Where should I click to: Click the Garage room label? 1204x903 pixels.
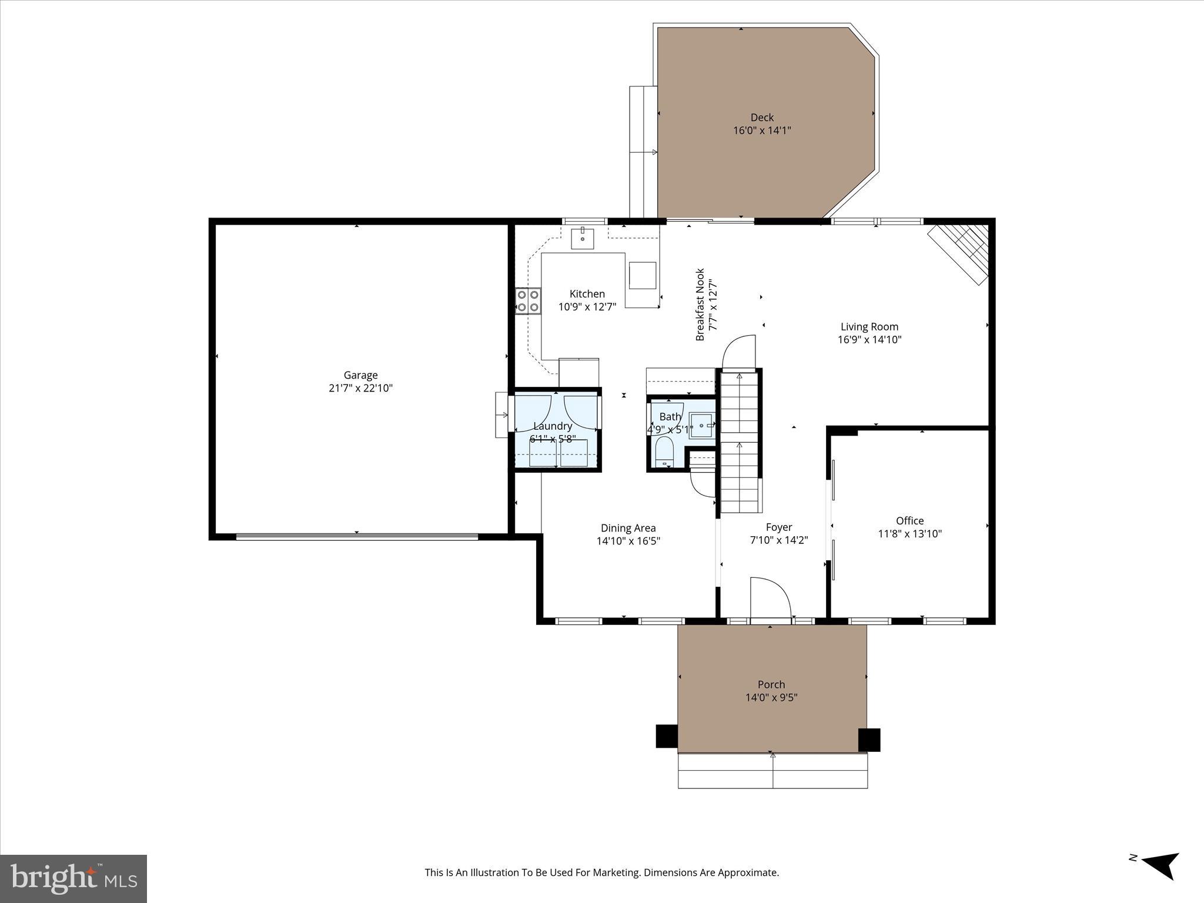360,375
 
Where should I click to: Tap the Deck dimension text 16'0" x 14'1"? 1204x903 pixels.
762,131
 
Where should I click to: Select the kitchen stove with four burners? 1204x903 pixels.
528,301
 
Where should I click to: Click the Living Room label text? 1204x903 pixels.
869,327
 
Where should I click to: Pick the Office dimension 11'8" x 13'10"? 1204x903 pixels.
909,534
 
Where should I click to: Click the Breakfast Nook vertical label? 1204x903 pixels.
700,305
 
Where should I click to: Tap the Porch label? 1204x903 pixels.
771,684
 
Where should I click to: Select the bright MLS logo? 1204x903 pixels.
73,878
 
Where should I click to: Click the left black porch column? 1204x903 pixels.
667,735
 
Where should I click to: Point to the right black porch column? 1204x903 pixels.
869,740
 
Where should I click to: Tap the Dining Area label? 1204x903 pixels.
628,528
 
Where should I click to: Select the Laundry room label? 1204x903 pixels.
553,426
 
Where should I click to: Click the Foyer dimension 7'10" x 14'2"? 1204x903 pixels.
779,540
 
